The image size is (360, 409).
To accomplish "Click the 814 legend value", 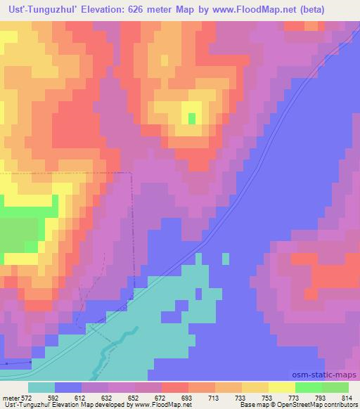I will [345, 396].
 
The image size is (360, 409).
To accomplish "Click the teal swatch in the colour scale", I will [41, 387].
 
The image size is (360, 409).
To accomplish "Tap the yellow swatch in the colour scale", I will [281, 387].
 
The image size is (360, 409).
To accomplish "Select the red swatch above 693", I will [174, 387].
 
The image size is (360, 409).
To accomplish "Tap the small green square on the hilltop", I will [192, 118].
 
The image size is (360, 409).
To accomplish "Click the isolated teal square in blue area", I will [225, 259].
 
